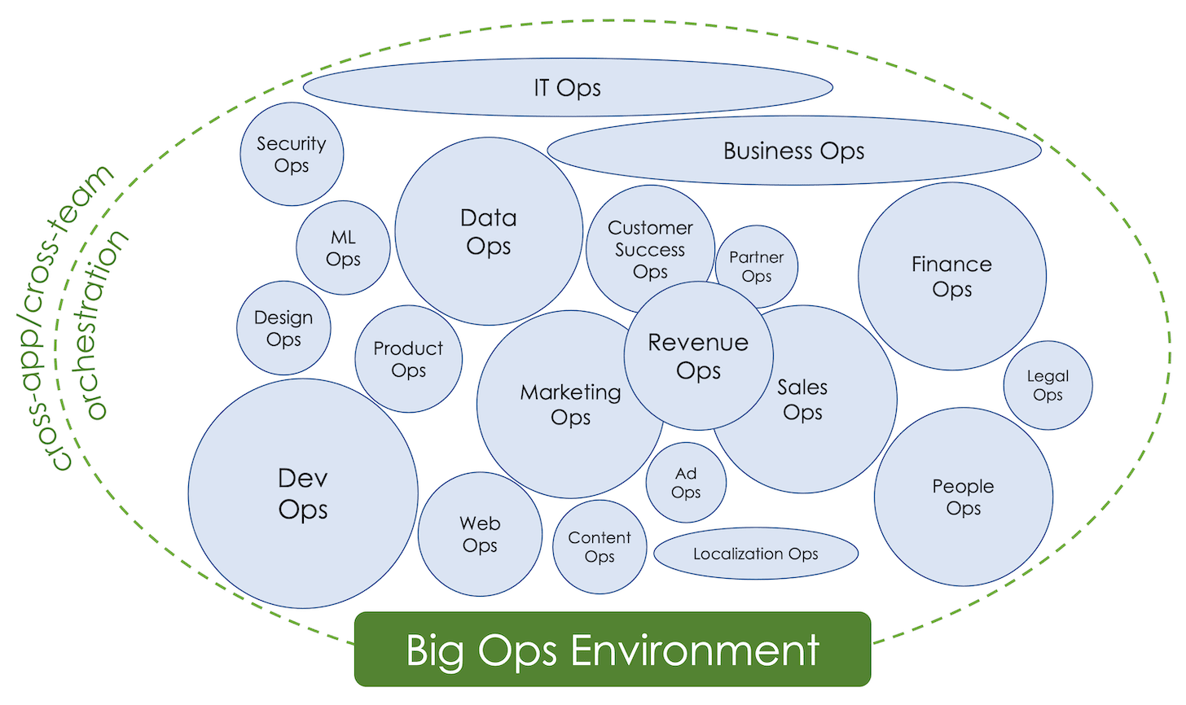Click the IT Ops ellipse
(x=568, y=87)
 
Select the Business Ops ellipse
(x=794, y=151)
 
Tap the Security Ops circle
(x=292, y=154)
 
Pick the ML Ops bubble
(x=343, y=247)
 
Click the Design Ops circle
(x=283, y=328)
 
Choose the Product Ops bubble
(x=408, y=359)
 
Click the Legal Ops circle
(x=1048, y=385)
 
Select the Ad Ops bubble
(x=686, y=483)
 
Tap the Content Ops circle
(x=600, y=547)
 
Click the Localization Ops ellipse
(x=756, y=554)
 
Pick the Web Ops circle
(x=480, y=534)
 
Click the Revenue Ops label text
(x=698, y=357)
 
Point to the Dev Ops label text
(x=303, y=494)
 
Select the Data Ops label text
(x=488, y=232)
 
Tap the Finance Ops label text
(x=952, y=276)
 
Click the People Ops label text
(x=963, y=497)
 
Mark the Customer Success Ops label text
(x=650, y=249)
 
